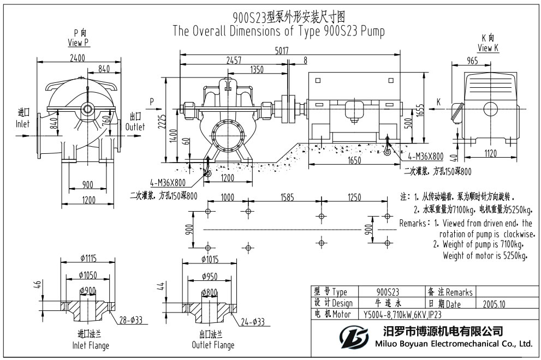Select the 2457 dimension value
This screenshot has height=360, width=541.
point(234,60)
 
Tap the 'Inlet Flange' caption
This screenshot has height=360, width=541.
point(91,345)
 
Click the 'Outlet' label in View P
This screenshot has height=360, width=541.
point(136,127)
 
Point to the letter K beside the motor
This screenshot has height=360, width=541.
point(438,102)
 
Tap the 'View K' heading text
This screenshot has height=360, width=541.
point(488,48)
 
